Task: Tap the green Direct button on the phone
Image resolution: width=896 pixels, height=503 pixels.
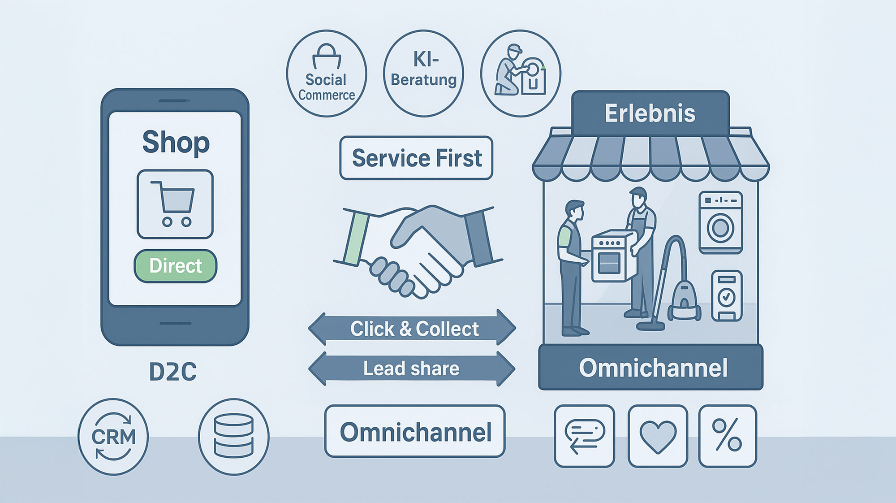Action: click(x=175, y=266)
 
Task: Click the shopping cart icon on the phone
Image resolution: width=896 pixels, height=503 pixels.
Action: click(x=175, y=204)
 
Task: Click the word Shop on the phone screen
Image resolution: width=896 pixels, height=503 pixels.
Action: click(x=176, y=143)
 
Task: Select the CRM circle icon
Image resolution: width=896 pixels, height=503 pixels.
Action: click(x=113, y=437)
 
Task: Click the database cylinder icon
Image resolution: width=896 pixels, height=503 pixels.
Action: click(x=233, y=437)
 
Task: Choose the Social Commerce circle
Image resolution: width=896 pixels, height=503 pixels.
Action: click(x=327, y=74)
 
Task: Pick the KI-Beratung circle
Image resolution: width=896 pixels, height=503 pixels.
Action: click(x=423, y=74)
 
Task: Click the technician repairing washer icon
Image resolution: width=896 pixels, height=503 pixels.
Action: click(x=521, y=74)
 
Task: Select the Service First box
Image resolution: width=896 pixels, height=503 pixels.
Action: click(x=416, y=158)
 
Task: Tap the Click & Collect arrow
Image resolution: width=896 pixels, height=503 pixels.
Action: click(x=412, y=329)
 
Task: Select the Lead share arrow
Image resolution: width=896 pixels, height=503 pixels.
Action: click(x=412, y=369)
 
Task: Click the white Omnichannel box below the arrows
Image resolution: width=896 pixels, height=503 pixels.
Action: click(x=415, y=432)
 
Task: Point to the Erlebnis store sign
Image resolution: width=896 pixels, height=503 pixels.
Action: click(x=650, y=113)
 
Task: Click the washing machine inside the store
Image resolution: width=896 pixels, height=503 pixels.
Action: click(x=720, y=222)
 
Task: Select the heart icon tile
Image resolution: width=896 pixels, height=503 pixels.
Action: click(x=658, y=436)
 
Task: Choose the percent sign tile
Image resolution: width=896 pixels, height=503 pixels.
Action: click(x=727, y=436)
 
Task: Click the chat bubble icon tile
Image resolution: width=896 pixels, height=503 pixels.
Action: click(x=584, y=436)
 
